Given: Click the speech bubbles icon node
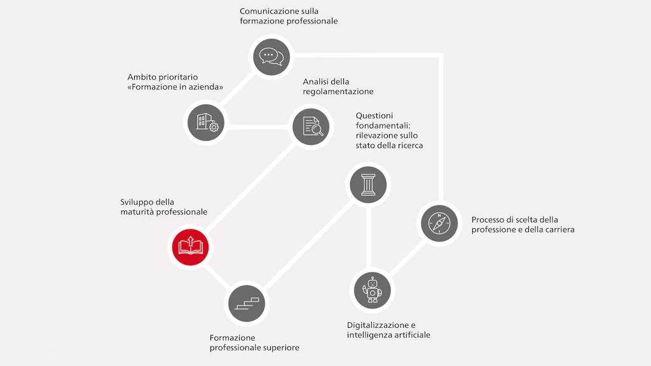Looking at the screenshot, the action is click(271, 57).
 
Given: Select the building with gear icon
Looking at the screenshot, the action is click(206, 123).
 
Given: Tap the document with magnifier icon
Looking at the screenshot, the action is click(311, 126).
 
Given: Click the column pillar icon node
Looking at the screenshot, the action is click(368, 185).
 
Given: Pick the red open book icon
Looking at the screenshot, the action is click(191, 247).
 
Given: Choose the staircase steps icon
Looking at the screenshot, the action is click(247, 303).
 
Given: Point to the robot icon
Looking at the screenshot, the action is click(373, 290).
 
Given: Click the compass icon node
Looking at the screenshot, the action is click(439, 223).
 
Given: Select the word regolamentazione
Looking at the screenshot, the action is click(338, 91).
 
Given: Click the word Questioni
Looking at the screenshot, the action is click(374, 116).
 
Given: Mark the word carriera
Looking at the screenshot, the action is click(559, 229).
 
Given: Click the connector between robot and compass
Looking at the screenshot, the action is click(408, 259).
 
